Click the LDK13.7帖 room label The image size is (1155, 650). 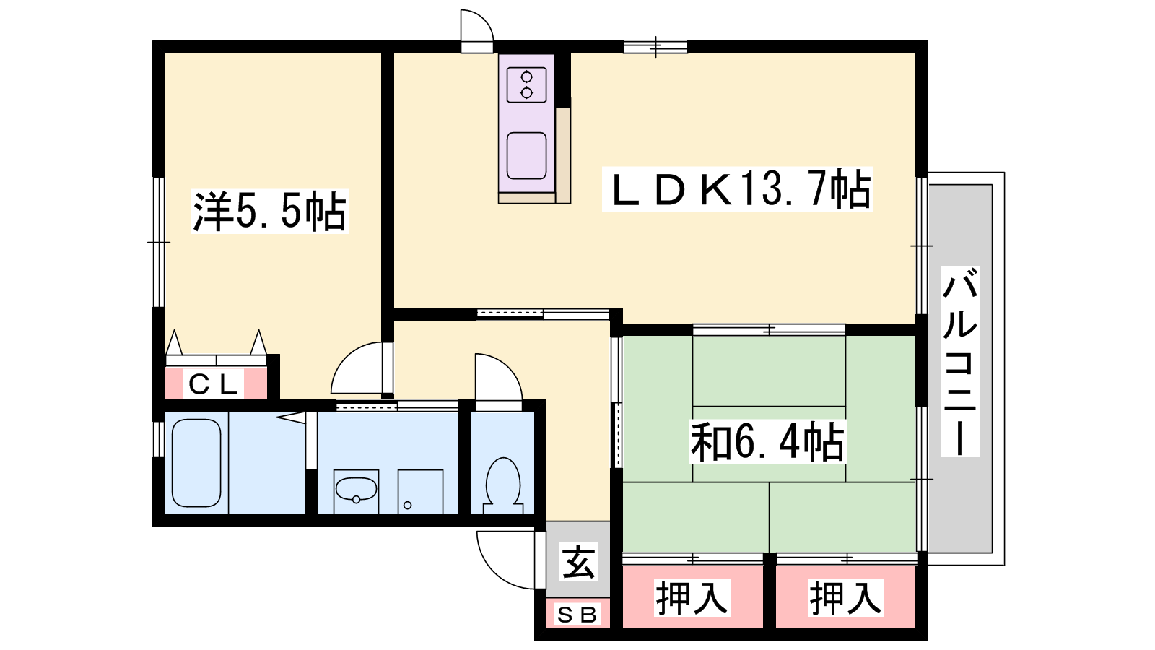click(738, 189)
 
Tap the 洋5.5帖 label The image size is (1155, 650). click(269, 212)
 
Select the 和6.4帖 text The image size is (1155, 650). click(767, 441)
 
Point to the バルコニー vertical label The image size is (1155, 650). click(959, 362)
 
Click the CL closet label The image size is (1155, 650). click(214, 383)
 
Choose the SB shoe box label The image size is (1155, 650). click(577, 615)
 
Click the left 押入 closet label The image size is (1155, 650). click(692, 597)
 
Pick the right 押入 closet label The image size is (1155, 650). click(845, 597)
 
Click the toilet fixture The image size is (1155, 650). click(502, 485)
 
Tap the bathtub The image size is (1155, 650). click(196, 463)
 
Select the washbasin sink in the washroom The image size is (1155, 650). click(356, 490)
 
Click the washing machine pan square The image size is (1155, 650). click(420, 492)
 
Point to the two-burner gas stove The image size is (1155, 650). click(526, 85)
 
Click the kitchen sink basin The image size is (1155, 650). click(526, 156)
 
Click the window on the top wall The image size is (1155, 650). click(655, 48)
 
